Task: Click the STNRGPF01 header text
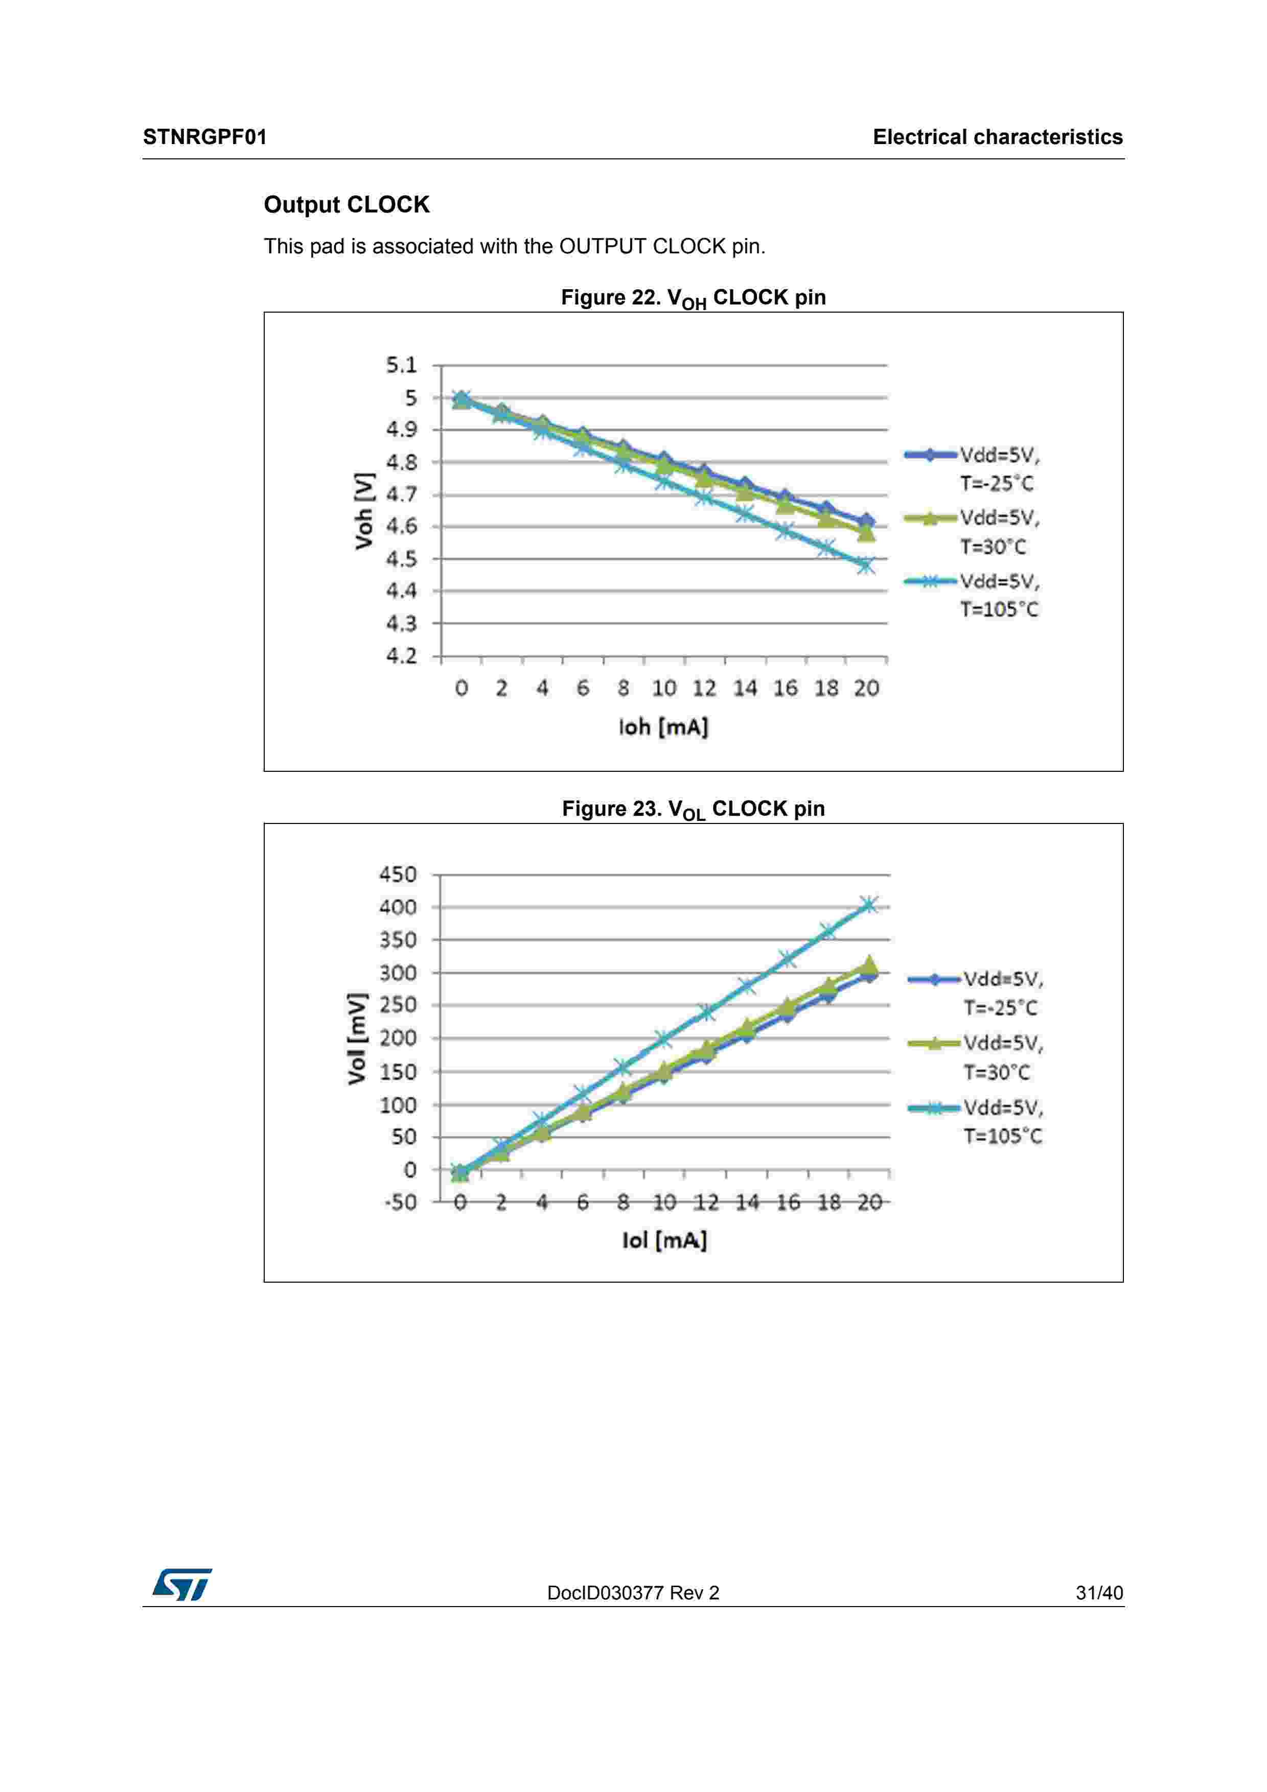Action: click(204, 137)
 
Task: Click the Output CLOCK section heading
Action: click(347, 204)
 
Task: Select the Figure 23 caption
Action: click(693, 809)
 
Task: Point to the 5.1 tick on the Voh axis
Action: click(402, 365)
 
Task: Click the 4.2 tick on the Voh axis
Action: click(402, 655)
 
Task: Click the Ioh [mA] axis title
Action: click(663, 727)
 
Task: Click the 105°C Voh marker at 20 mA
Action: click(865, 565)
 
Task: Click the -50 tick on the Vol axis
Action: click(401, 1202)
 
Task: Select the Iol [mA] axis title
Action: click(664, 1240)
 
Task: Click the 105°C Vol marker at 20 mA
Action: click(868, 905)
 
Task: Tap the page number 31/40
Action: click(1098, 1593)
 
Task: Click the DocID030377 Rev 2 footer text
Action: click(633, 1593)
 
